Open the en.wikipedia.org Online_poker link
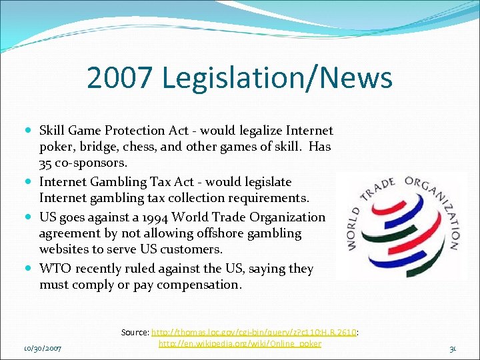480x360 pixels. point(240,343)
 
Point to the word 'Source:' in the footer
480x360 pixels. point(135,331)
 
